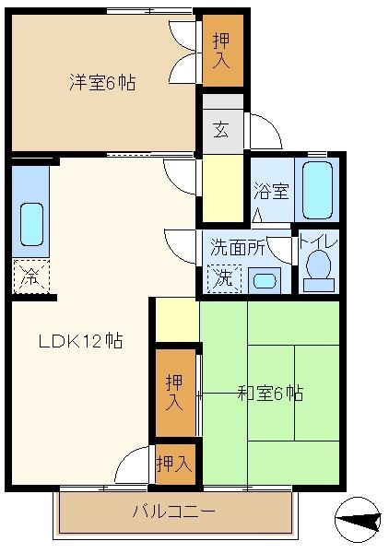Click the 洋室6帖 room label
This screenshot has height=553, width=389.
point(102,83)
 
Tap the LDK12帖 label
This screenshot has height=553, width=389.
point(80,341)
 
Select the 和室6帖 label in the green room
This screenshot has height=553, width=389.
point(270,393)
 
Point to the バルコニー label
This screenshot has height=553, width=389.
point(173,511)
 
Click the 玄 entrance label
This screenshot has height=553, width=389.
point(221,130)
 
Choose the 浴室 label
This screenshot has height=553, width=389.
point(272,191)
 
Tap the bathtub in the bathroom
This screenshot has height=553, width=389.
point(317,191)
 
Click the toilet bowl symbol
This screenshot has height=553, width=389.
point(318,271)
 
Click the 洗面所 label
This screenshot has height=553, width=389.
point(237,247)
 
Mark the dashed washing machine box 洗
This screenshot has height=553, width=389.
point(224,278)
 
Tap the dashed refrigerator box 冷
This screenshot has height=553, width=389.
point(31,276)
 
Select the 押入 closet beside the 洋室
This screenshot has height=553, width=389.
point(222,51)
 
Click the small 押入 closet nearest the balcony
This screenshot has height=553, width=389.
point(175,464)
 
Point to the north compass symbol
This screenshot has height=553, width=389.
point(358,520)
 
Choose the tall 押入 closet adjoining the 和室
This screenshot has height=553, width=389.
point(175,393)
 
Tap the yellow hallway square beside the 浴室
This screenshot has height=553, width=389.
point(222,188)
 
